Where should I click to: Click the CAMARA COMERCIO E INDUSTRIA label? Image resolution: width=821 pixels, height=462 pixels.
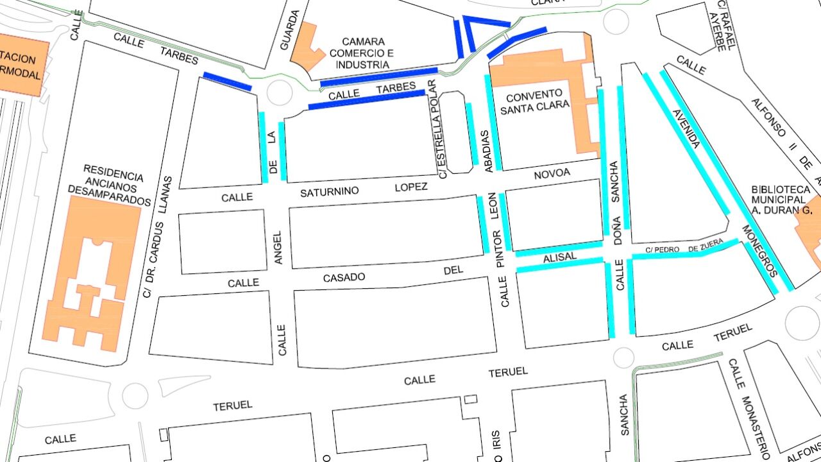coord(364,53)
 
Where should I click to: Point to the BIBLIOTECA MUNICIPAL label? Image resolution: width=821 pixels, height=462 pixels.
coord(781,199)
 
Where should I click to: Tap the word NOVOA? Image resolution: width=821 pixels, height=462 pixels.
coord(552,173)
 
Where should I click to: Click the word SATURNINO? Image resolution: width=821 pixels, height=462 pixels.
coord(330,192)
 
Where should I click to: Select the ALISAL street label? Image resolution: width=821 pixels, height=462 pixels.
coord(561,257)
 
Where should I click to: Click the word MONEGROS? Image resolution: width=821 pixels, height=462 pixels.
coord(760,250)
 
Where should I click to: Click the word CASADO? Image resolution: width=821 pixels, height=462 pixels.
coord(344,277)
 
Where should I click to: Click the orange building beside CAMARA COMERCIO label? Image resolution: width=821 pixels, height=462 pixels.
coord(307,47)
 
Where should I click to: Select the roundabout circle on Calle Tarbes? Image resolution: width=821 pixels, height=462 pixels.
coord(279,93)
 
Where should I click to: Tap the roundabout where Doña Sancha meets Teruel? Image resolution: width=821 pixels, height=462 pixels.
coord(623,357)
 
